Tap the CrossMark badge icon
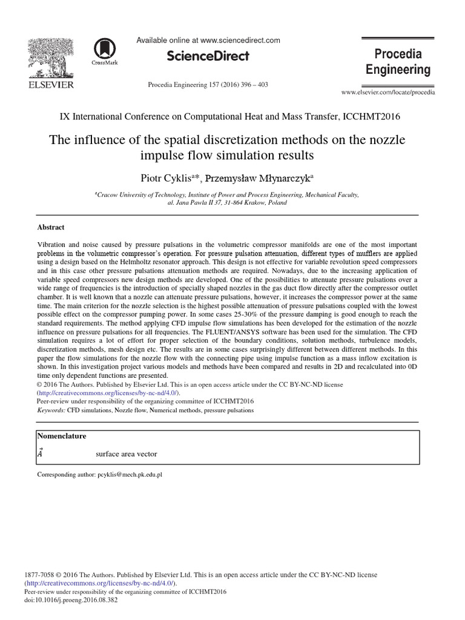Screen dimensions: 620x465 (x=105, y=51)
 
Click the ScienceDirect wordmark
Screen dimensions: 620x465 (x=208, y=56)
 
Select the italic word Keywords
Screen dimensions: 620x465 (x=51, y=410)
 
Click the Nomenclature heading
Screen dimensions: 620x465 (x=62, y=436)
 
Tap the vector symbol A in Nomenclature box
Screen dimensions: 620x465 (x=40, y=452)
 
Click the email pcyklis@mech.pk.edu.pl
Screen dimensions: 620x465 (x=130, y=475)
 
